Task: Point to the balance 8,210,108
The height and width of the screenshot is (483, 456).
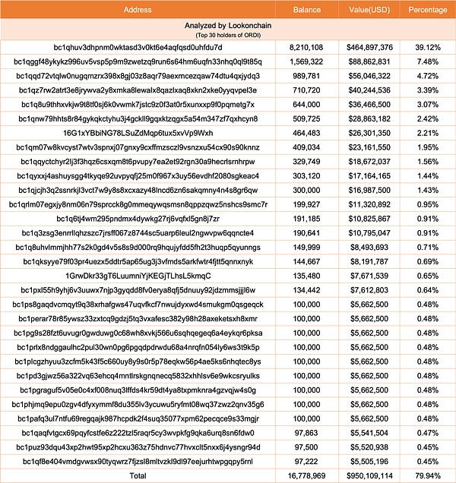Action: pos(306,46)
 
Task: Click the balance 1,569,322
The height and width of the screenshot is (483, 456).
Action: pos(306,61)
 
